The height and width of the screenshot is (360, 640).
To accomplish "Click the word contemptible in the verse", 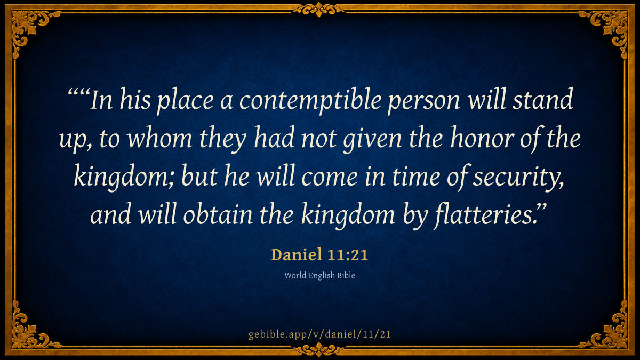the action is (310, 101).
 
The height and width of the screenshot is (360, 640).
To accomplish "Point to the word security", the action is (518, 178).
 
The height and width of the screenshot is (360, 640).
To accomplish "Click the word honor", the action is (483, 139).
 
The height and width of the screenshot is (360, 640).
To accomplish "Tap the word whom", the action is (159, 139).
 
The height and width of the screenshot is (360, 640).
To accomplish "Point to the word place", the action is (185, 102).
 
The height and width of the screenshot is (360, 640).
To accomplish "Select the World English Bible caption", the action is (319, 275).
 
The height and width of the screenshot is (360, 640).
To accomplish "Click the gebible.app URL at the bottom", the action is (319, 334).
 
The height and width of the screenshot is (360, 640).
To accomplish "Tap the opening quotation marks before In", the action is (79, 93).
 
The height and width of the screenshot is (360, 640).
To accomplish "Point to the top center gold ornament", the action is (319, 10).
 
